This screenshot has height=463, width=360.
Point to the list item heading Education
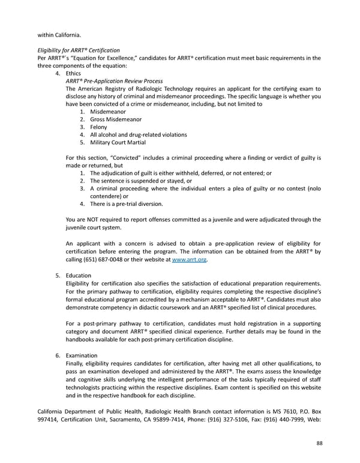tap(78, 276)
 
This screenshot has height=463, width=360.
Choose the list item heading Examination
tap(82, 356)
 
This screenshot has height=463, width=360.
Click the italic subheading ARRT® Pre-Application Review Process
tap(114, 81)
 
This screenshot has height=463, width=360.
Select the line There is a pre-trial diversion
tap(126, 204)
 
